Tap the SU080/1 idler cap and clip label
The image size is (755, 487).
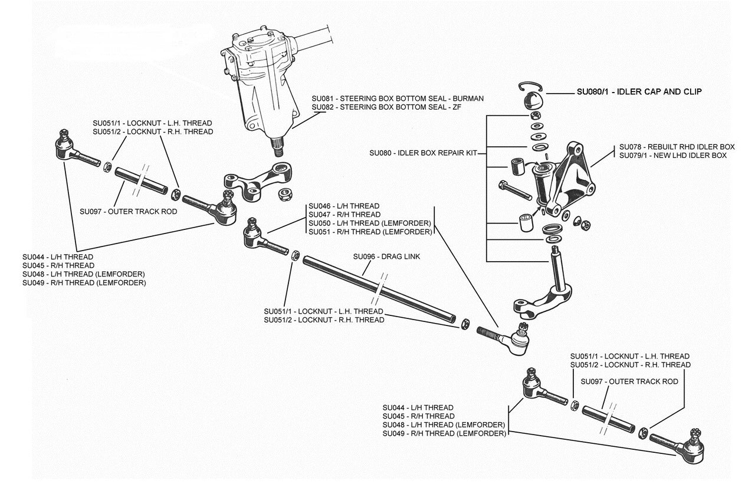point(639,92)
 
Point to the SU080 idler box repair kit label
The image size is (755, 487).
point(423,153)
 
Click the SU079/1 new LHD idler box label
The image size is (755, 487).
point(672,156)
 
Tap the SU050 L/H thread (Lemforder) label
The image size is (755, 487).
point(370,223)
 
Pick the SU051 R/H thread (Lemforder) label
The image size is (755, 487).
point(370,232)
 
